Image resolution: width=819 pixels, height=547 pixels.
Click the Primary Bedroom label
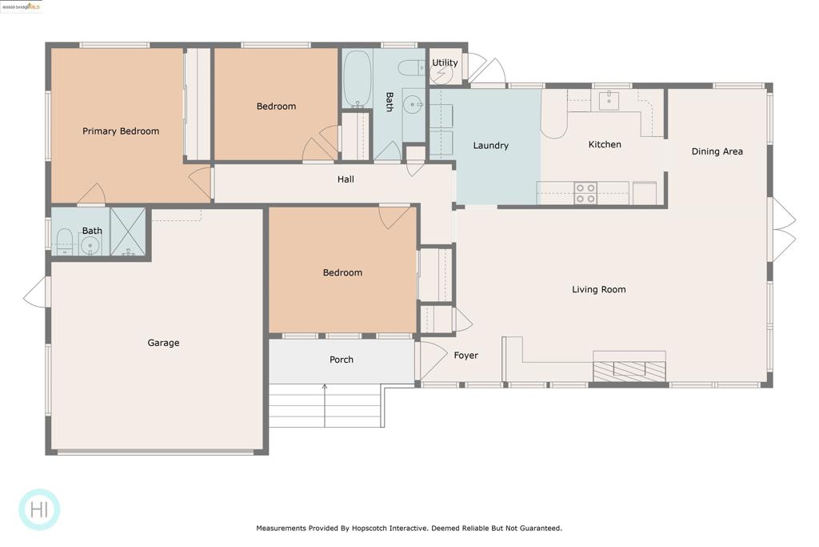(121, 131)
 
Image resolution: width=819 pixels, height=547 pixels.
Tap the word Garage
(163, 343)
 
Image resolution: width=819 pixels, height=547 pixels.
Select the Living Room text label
(598, 290)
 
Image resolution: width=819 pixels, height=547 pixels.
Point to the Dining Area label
(717, 151)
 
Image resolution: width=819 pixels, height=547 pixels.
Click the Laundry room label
(490, 146)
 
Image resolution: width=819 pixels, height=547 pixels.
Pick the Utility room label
(445, 62)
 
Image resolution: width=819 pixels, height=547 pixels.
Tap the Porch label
(342, 360)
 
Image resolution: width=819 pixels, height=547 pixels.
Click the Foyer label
(466, 356)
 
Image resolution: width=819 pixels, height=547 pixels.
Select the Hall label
(346, 179)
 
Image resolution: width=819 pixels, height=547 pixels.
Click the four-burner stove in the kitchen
(585, 193)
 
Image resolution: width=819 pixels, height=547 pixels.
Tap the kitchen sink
(609, 100)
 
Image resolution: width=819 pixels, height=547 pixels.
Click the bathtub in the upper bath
(358, 79)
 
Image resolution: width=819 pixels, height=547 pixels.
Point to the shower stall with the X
(128, 231)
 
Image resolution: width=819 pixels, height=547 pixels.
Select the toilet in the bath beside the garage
(64, 242)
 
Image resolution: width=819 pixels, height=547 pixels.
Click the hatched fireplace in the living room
(629, 370)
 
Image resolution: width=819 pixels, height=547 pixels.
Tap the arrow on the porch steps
(325, 406)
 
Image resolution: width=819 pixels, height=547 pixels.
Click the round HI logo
(39, 509)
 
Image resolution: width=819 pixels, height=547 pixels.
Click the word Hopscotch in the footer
(372, 528)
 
